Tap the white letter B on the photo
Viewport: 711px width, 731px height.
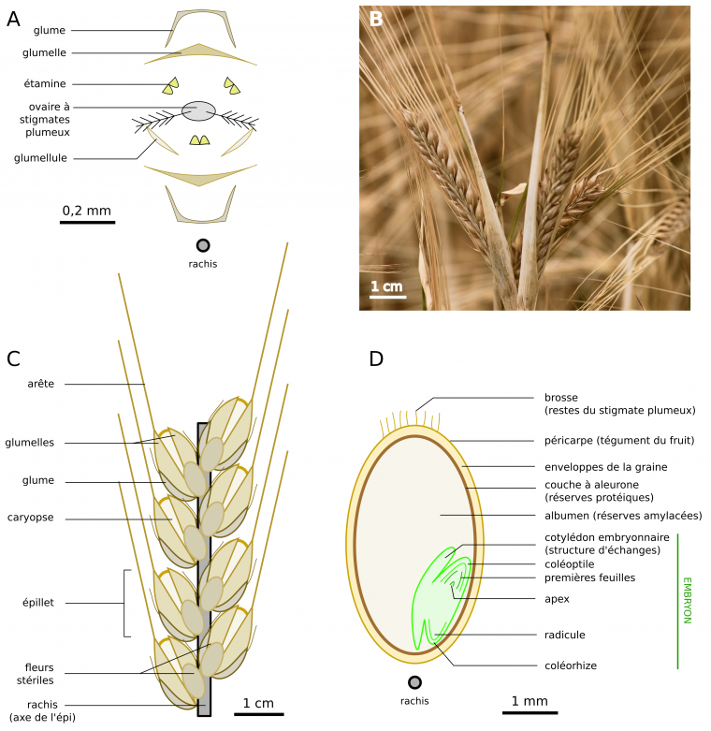click(376, 20)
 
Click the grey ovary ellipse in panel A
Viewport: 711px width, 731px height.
click(198, 110)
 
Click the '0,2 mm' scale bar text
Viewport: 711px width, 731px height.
click(87, 211)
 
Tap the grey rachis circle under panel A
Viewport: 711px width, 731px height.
click(202, 246)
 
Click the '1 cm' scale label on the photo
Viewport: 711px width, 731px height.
click(386, 285)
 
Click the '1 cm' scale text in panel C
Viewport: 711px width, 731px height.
click(258, 703)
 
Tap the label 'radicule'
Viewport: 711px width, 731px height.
click(565, 635)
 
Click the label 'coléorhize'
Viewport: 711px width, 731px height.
click(570, 666)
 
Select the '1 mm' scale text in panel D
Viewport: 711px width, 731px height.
click(530, 701)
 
